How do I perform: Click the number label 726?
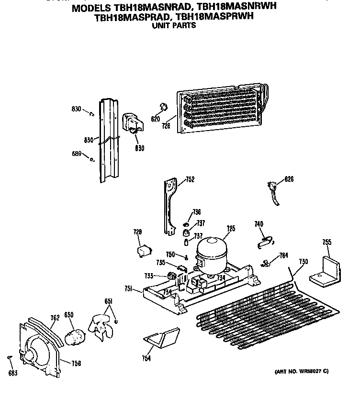coord(166,126)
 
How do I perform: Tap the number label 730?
coord(303,261)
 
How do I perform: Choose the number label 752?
coord(190,179)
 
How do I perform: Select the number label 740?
coord(259,223)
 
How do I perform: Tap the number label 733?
coord(148,275)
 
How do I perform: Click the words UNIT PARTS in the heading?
coord(173,26)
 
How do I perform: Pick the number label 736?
coord(196,212)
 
